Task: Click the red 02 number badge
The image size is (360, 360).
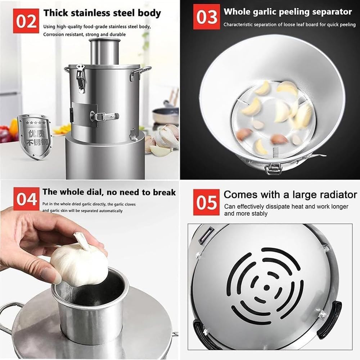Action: tap(26, 21)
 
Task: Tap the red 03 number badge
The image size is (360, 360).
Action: tap(206, 17)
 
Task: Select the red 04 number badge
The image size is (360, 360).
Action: tap(27, 199)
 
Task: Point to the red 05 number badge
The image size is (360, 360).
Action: tap(206, 203)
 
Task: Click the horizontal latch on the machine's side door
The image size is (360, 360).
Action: tap(103, 116)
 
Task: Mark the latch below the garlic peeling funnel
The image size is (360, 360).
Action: tap(273, 167)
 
